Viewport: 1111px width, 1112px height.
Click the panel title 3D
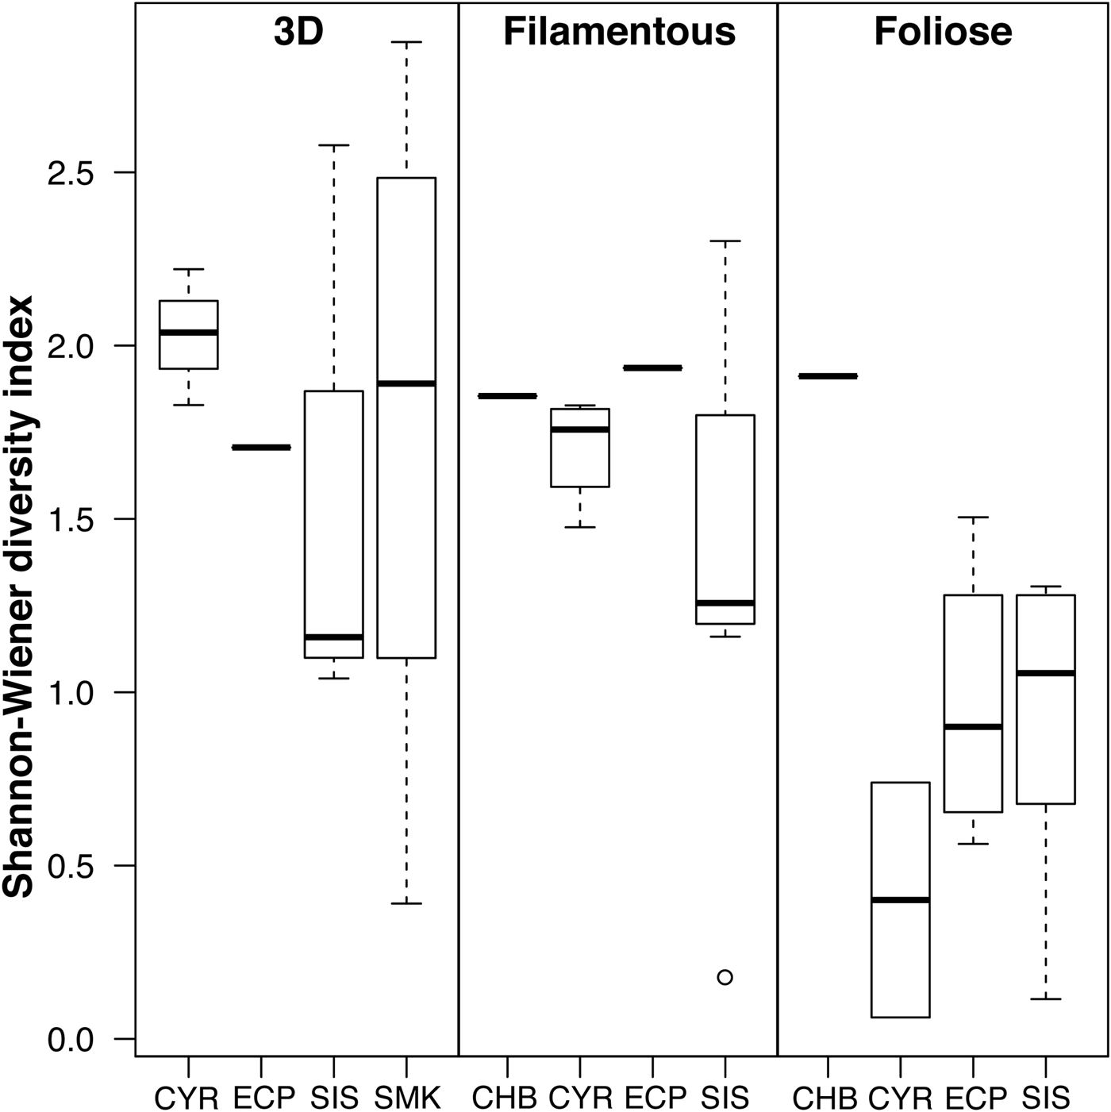click(298, 33)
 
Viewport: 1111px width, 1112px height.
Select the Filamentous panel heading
click(619, 33)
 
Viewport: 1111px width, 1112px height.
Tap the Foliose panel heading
click(943, 33)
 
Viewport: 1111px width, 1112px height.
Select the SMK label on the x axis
click(406, 1098)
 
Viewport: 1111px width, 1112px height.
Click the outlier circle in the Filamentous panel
click(725, 977)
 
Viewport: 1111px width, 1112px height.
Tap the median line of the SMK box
click(406, 383)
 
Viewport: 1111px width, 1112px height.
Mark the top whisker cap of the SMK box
click(406, 42)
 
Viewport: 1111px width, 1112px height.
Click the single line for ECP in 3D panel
click(261, 448)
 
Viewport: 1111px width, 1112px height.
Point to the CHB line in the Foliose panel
click(828, 376)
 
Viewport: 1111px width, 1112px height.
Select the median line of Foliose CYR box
click(900, 900)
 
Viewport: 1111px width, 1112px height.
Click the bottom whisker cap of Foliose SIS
click(1045, 998)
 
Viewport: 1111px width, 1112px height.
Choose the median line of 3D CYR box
click(189, 333)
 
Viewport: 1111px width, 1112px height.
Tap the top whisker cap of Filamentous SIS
click(725, 240)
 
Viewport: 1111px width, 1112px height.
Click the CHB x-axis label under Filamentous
click(505, 1098)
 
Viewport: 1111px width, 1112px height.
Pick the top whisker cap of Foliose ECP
click(972, 517)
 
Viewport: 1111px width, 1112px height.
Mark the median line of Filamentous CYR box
click(580, 429)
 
